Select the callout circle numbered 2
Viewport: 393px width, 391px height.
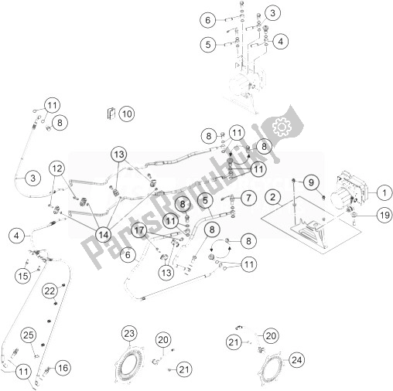click(x=272, y=198)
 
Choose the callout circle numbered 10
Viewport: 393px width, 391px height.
click(x=125, y=114)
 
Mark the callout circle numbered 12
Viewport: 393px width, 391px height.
click(x=57, y=168)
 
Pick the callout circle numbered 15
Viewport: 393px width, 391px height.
click(x=23, y=276)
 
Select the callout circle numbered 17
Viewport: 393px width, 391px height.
click(x=139, y=229)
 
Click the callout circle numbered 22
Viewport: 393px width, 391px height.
click(x=50, y=291)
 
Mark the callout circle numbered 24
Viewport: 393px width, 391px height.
click(x=296, y=359)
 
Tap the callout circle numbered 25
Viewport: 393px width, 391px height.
click(x=29, y=335)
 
